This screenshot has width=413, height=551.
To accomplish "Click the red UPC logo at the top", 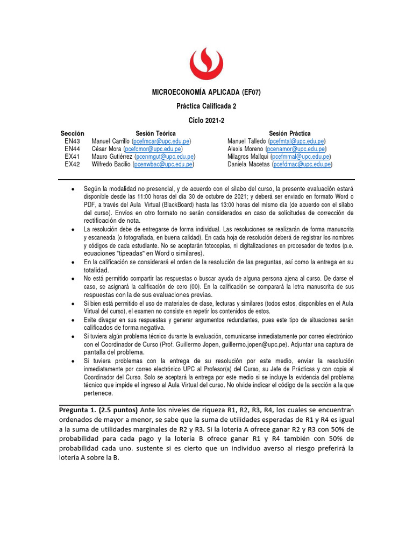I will [206, 63].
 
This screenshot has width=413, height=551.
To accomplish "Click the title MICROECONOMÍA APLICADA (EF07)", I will [206, 93].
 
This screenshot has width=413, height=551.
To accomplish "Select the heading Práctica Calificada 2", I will [206, 106].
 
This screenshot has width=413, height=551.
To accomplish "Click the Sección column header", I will [73, 133].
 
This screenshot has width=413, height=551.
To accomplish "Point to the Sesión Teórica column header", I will [155, 133].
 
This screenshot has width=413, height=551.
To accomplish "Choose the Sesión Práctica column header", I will [289, 133].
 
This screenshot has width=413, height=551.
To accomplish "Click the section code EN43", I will [73, 141].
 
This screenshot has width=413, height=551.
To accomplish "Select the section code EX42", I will [73, 164].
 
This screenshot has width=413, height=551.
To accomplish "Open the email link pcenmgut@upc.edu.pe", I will [165, 157].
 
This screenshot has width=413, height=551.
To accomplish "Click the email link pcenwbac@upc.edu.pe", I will [163, 164].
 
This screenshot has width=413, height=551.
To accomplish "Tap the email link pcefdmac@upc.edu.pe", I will [302, 164].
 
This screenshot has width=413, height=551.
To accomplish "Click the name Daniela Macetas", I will [248, 164].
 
